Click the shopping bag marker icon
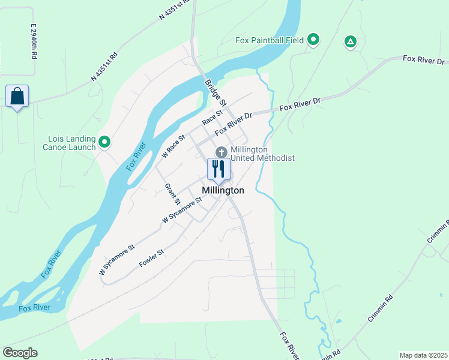click(17, 97)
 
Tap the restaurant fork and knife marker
click(218, 169)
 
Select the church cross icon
click(221, 152)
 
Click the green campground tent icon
click(350, 41)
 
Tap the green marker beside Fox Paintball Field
click(313, 40)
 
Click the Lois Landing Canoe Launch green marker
click(104, 142)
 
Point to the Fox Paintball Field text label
click(268, 41)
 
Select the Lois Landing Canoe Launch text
click(71, 143)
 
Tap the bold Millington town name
click(223, 190)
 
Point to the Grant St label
click(173, 192)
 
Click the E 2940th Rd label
click(34, 41)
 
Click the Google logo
click(20, 353)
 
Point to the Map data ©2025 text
click(423, 355)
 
